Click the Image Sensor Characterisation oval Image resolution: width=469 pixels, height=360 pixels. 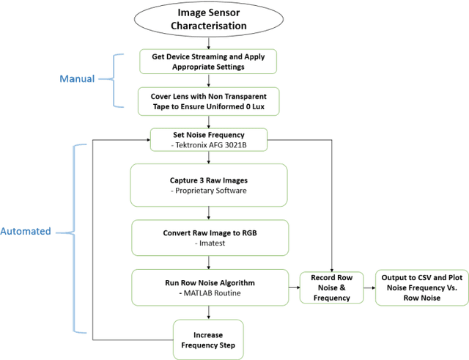(x=209, y=20)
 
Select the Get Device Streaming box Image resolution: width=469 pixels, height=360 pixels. (x=209, y=61)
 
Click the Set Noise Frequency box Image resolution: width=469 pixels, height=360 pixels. (x=209, y=139)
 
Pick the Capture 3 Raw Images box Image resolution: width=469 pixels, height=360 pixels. (x=209, y=185)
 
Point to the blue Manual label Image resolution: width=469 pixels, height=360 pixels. (x=77, y=78)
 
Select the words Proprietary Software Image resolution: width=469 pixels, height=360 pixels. (x=209, y=191)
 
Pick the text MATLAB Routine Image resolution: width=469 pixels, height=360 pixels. (x=209, y=293)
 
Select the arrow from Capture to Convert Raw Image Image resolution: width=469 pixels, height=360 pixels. (x=209, y=213)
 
